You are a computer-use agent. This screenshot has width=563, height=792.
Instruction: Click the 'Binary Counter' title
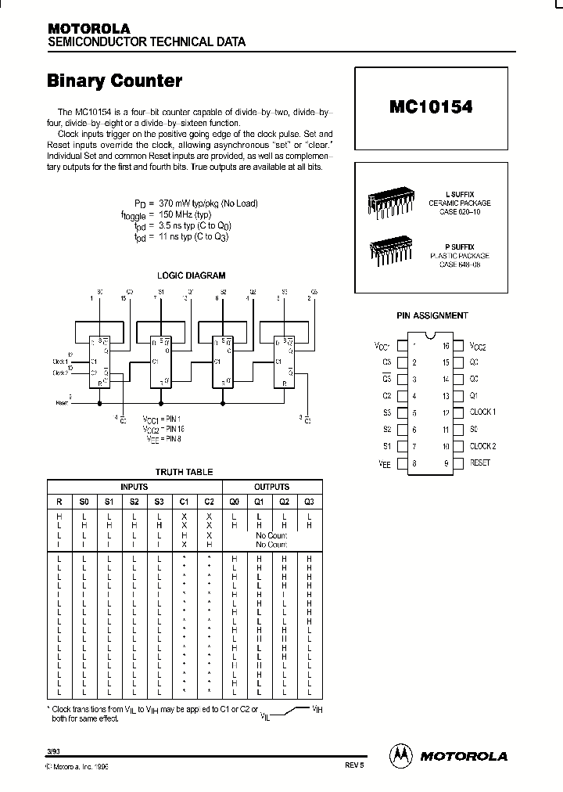(x=115, y=81)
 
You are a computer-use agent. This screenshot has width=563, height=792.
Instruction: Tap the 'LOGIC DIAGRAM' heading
(x=191, y=275)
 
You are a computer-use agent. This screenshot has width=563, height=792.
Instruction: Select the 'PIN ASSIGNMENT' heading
(x=432, y=315)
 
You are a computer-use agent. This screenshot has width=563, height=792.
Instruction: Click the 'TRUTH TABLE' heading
(x=184, y=472)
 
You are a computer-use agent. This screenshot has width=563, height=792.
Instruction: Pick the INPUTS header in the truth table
(x=133, y=486)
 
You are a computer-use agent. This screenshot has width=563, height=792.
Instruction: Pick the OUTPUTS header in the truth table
(x=271, y=486)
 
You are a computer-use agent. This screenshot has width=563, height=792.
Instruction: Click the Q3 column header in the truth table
(x=309, y=502)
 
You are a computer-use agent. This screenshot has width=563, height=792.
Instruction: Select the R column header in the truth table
(x=59, y=502)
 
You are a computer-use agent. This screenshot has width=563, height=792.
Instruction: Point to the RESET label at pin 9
(x=479, y=463)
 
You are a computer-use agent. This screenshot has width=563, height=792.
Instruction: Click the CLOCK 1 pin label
(x=482, y=412)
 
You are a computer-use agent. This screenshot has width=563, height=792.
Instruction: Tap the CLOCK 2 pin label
(x=482, y=446)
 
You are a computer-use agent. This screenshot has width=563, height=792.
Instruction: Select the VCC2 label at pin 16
(x=478, y=346)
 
